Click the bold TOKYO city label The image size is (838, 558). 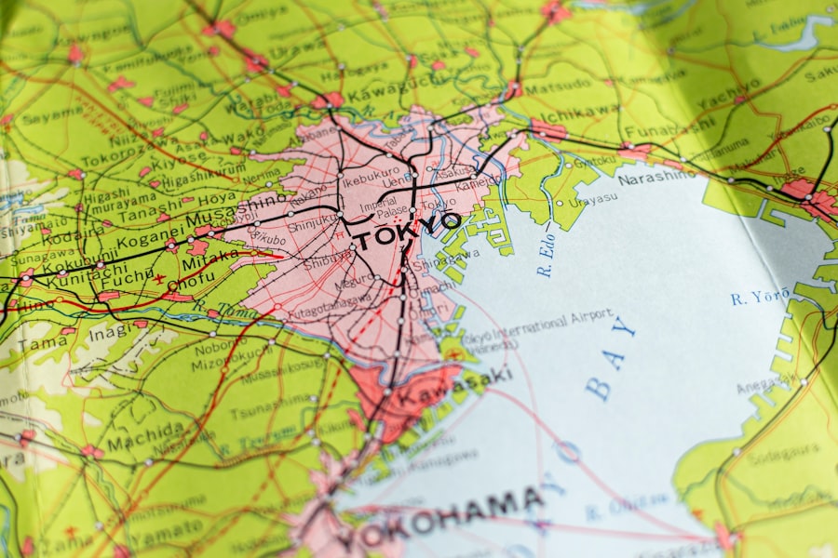406,230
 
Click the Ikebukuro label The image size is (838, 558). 370,173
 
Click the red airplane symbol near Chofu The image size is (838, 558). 159,278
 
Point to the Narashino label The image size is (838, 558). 656,177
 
